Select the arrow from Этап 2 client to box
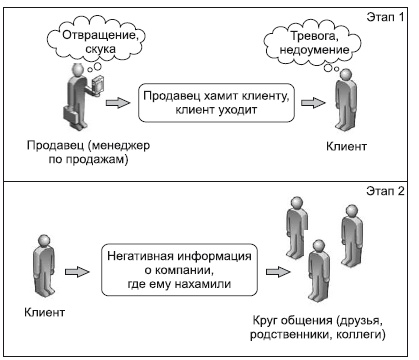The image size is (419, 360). (x=77, y=270)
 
